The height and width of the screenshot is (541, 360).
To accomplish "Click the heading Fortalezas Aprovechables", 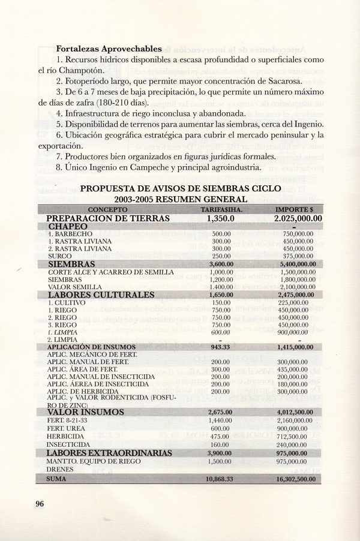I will click(109, 48).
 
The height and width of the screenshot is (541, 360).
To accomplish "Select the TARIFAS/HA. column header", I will click(221, 209).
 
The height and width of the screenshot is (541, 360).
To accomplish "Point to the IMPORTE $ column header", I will click(298, 209).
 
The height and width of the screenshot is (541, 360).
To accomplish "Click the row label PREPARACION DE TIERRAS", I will click(108, 218).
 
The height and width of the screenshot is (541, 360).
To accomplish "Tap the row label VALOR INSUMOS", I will click(86, 413).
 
